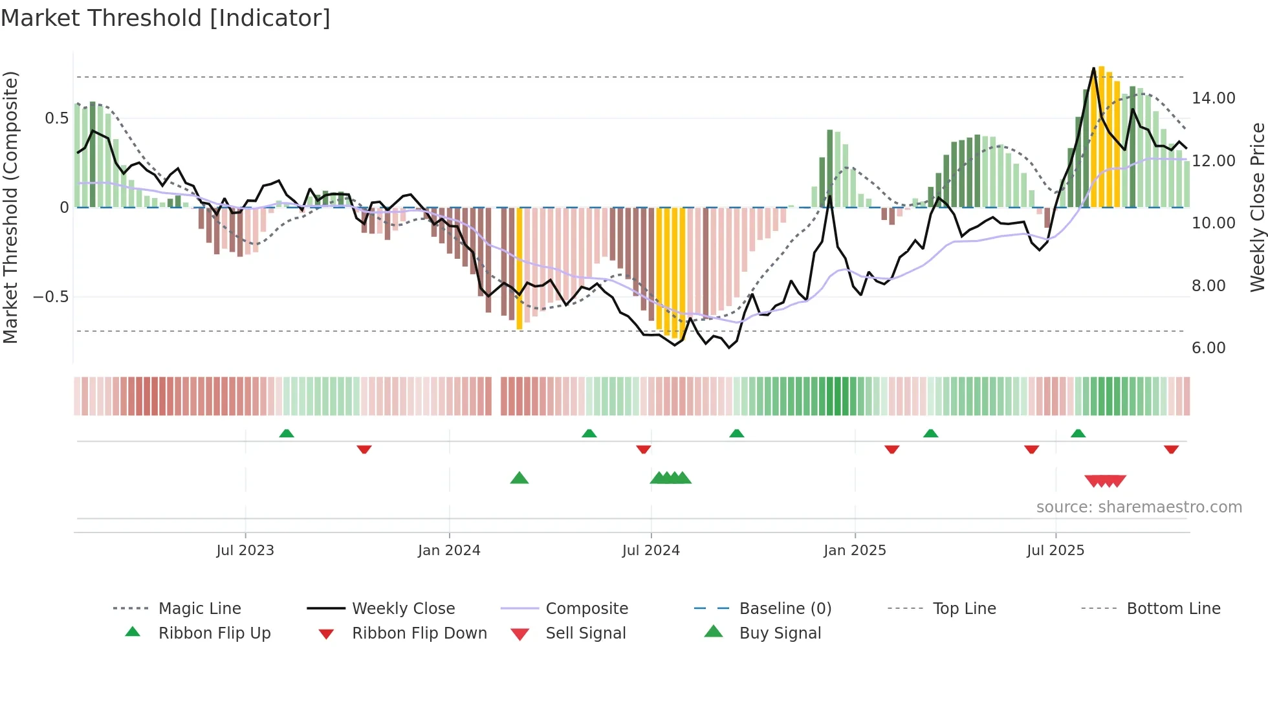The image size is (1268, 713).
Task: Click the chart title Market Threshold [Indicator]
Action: (x=166, y=18)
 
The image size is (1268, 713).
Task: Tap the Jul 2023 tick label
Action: (x=245, y=551)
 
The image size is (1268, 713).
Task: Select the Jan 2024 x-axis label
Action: (x=449, y=551)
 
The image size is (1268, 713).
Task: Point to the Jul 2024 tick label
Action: (x=651, y=551)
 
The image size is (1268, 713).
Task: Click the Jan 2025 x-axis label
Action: (x=855, y=551)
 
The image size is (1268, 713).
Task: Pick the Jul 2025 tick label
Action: (x=1055, y=551)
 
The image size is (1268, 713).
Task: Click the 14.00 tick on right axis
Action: (x=1213, y=98)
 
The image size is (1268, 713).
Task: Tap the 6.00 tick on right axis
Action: (x=1208, y=348)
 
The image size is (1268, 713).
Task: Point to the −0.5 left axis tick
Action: (x=51, y=297)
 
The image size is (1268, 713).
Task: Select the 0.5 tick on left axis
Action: (x=56, y=118)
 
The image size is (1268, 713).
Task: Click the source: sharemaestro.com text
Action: (x=1139, y=507)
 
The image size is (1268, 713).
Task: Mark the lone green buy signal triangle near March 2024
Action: (x=519, y=479)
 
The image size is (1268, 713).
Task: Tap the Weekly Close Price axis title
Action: (x=1257, y=207)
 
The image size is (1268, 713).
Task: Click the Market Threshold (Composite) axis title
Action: (x=10, y=207)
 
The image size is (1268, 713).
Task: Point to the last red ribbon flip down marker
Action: (x=1171, y=449)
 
